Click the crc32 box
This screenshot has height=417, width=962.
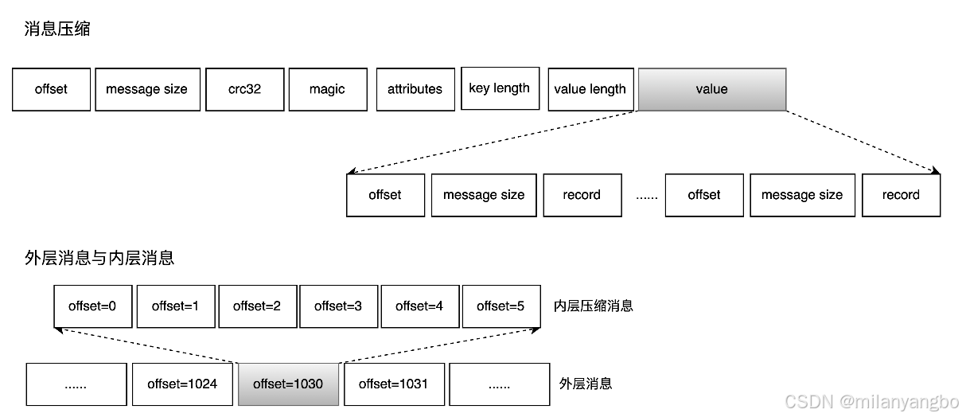click(x=244, y=89)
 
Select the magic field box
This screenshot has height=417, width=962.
click(x=327, y=89)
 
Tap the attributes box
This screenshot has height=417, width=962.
click(x=415, y=89)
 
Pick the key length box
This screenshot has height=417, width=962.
click(x=500, y=88)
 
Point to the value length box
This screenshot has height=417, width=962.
click(x=590, y=89)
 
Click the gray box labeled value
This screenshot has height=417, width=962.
click(x=711, y=89)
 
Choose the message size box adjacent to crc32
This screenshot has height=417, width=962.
click(x=147, y=89)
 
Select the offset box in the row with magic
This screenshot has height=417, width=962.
click(x=51, y=89)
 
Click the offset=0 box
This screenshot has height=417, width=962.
click(x=92, y=306)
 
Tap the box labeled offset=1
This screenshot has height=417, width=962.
click(x=175, y=306)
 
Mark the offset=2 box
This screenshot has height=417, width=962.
click(x=257, y=306)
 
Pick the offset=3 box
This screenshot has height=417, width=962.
click(x=338, y=306)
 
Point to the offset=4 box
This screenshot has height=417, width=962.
click(x=419, y=306)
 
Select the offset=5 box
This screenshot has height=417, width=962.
click(x=500, y=306)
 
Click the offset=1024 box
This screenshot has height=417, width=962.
click(x=182, y=384)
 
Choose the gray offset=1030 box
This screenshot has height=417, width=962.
click(x=288, y=384)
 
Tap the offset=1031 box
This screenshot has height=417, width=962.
click(x=394, y=384)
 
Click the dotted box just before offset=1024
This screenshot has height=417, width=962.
click(x=76, y=384)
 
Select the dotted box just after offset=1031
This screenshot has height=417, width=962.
click(x=499, y=384)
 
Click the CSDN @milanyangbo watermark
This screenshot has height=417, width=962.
click(x=870, y=401)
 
